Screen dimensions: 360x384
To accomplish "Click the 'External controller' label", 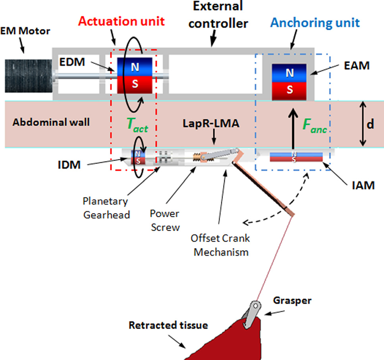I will (x=218, y=15).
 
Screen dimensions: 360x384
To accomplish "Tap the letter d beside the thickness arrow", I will (x=370, y=125).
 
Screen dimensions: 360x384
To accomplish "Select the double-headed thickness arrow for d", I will (x=363, y=124).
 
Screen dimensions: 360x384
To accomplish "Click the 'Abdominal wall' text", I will (x=51, y=122).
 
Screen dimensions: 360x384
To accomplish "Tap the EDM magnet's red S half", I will (x=135, y=85).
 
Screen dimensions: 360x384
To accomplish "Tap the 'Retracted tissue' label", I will (x=168, y=326).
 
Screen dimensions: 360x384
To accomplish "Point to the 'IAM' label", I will (x=362, y=185).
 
